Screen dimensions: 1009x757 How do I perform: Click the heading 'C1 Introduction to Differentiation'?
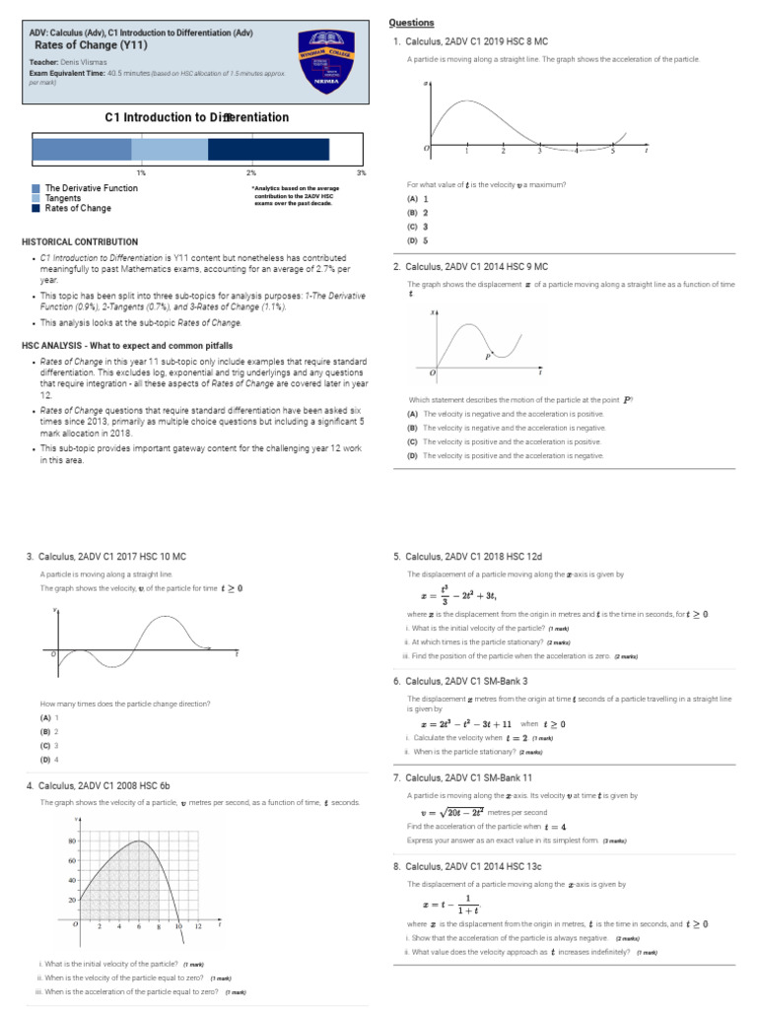click(197, 117)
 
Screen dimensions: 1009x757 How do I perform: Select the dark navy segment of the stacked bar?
click(268, 149)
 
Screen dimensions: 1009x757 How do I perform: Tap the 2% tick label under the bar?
click(251, 172)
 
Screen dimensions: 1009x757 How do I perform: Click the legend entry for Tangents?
click(64, 198)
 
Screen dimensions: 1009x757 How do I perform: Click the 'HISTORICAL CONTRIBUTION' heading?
click(80, 241)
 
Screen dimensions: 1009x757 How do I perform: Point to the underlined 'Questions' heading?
click(411, 23)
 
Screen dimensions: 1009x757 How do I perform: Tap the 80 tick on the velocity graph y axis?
click(71, 841)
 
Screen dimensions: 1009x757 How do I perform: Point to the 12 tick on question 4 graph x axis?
click(198, 927)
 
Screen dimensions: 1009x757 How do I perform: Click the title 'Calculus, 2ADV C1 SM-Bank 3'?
click(466, 680)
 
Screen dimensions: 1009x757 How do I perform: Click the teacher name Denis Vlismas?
click(76, 61)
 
